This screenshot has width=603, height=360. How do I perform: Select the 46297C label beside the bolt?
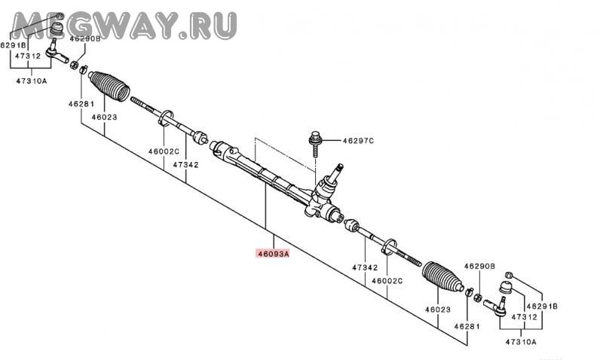click(x=358, y=141)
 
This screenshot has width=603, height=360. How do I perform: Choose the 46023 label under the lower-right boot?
click(x=436, y=309)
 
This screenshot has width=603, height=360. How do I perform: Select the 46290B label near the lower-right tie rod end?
click(x=479, y=266)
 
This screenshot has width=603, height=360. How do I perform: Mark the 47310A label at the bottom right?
click(x=521, y=342)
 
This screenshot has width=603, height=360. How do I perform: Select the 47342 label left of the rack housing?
click(x=185, y=163)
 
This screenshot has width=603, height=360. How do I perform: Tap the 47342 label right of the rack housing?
click(x=365, y=267)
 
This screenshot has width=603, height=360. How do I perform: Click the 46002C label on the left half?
click(x=163, y=151)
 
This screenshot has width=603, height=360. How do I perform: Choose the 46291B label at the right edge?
click(x=542, y=307)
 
